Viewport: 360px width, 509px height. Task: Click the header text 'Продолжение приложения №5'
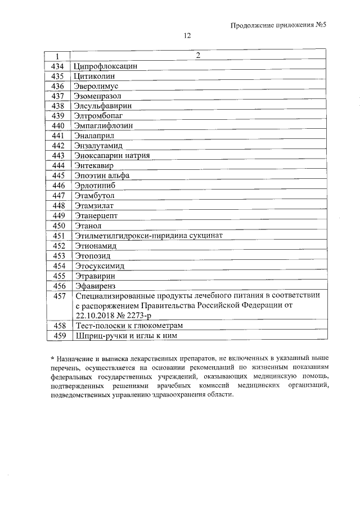[x=279, y=25]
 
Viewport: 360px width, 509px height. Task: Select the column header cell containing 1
[x=57, y=56]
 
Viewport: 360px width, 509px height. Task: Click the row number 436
[x=58, y=86]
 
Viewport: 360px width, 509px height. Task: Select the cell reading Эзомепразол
[x=97, y=96]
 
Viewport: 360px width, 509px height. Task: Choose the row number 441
[x=58, y=136]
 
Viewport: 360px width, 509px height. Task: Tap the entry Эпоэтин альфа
[x=101, y=175]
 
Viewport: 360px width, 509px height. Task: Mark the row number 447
[x=58, y=195]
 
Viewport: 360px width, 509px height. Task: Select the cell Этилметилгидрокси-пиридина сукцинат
[x=148, y=235]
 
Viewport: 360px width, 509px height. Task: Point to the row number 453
[x=58, y=255]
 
